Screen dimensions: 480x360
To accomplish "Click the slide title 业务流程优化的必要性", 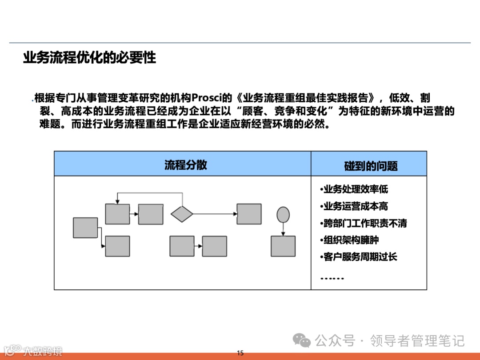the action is click(x=89, y=58).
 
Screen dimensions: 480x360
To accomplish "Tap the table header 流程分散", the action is click(x=186, y=164).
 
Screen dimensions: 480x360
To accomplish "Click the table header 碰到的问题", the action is click(x=371, y=166).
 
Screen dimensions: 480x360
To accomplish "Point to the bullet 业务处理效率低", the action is click(x=354, y=189).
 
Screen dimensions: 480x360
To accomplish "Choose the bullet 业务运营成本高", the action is click(x=354, y=206).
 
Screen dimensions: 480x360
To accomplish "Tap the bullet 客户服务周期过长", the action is click(x=359, y=257).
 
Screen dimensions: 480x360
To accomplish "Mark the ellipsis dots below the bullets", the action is click(x=332, y=278).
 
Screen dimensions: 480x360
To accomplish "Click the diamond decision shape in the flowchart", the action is click(x=182, y=214).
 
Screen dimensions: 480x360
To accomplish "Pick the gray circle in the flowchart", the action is click(x=283, y=215).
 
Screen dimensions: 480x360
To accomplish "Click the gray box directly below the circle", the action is click(x=283, y=246).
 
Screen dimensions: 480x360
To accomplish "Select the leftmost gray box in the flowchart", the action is click(x=85, y=228).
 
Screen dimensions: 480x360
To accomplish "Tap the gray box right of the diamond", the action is click(x=249, y=214).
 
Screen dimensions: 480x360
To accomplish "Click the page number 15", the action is click(x=240, y=353).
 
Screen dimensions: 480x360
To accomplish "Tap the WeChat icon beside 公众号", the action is click(x=304, y=341).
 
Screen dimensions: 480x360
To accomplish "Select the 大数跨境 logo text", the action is click(x=43, y=351).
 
